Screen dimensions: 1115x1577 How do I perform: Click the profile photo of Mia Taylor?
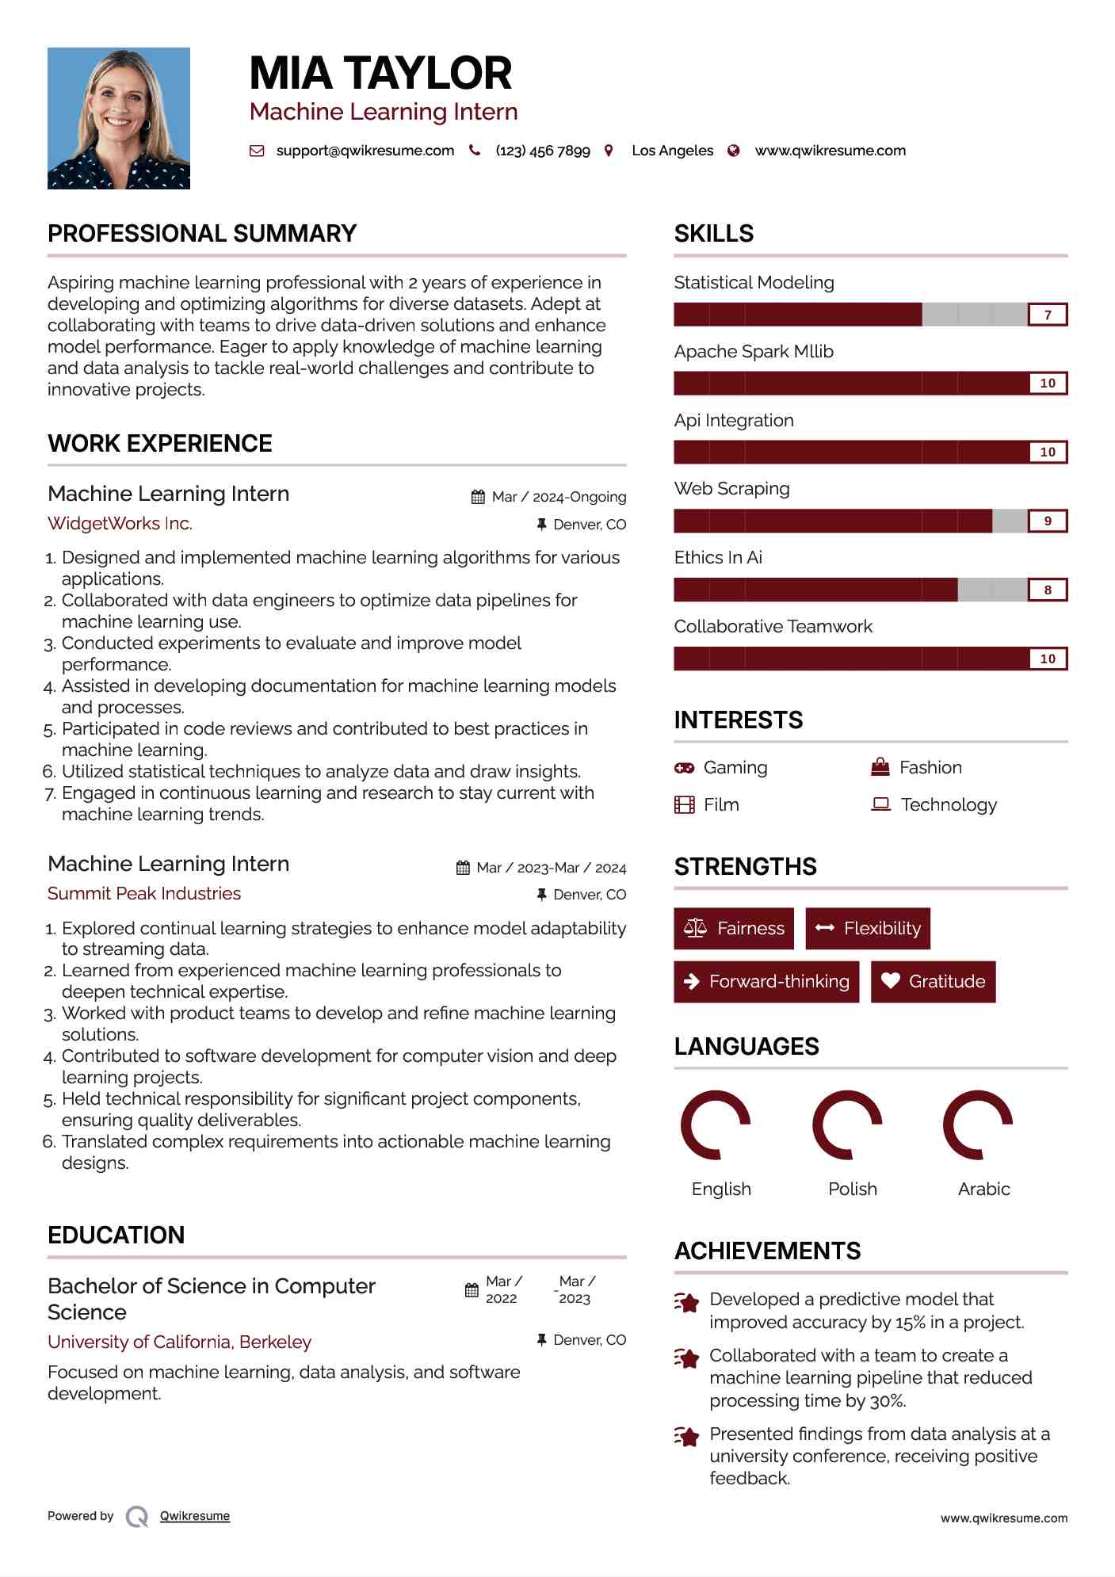pos(119,118)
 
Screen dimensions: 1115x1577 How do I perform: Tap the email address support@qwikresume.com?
pos(365,151)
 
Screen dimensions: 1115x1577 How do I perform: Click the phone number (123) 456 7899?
pos(542,151)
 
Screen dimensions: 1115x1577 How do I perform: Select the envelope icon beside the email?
pos(257,151)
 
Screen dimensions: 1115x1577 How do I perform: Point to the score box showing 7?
pos(1047,315)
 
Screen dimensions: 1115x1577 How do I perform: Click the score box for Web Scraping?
pos(1047,521)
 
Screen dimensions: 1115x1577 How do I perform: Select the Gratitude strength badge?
pos(933,981)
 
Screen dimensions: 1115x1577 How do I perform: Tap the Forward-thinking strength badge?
pos(766,981)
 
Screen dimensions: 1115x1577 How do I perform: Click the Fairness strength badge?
pos(733,928)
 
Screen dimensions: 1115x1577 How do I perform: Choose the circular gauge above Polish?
pos(847,1125)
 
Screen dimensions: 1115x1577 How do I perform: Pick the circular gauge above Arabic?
pos(978,1125)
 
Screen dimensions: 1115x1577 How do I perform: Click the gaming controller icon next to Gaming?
pos(684,768)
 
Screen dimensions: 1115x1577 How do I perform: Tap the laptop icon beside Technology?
pos(880,804)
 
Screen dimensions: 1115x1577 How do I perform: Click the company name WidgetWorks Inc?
pos(120,523)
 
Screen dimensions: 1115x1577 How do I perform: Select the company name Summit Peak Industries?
pos(144,893)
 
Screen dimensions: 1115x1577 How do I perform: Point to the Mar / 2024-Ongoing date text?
pos(559,497)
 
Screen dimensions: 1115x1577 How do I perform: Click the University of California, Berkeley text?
pos(179,1342)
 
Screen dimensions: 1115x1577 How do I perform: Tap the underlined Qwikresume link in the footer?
pos(195,1516)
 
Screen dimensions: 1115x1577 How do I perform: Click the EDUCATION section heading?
pos(116,1235)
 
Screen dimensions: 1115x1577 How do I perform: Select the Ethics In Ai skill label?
pos(718,557)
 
